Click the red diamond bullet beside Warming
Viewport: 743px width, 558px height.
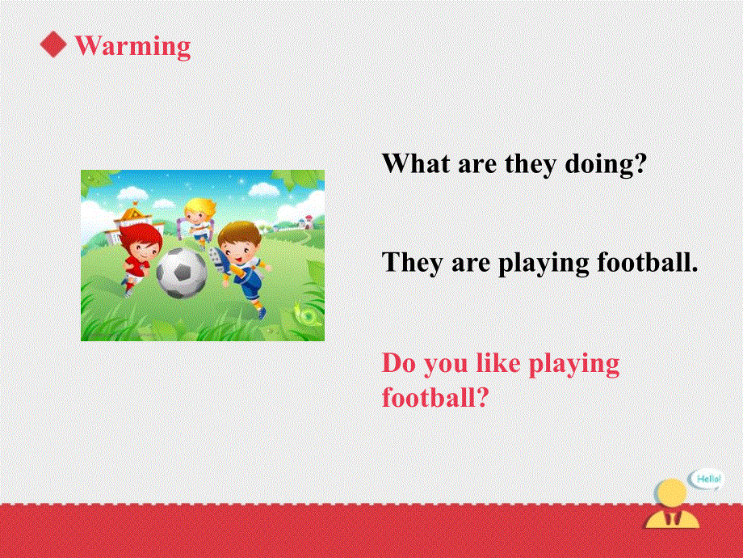coord(54,45)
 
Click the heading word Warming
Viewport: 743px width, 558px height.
coord(132,45)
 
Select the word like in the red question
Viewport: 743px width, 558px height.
coord(498,363)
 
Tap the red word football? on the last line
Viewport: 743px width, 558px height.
coord(436,398)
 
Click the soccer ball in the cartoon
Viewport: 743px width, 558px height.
coord(181,273)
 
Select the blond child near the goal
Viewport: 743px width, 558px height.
coord(198,218)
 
